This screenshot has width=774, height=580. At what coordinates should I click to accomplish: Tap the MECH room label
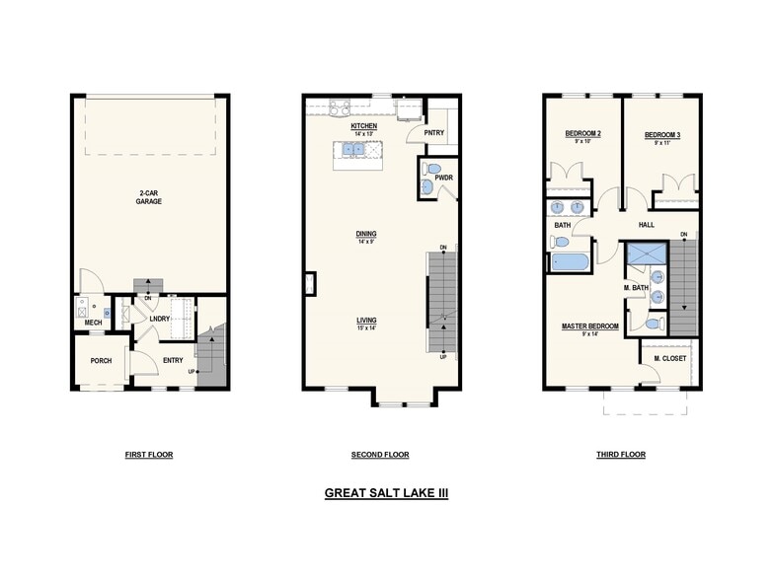(94, 323)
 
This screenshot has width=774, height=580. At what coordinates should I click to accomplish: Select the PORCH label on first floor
(101, 361)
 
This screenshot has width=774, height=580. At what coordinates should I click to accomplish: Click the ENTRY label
(174, 361)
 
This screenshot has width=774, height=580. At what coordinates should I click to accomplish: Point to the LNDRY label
(161, 319)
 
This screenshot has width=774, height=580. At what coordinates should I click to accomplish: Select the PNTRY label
(434, 133)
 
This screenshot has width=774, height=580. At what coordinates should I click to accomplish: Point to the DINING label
(366, 234)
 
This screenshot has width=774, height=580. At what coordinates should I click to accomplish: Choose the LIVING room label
(366, 321)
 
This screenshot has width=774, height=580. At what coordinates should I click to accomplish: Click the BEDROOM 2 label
(582, 134)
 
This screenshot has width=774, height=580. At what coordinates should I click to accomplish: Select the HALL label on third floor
(647, 225)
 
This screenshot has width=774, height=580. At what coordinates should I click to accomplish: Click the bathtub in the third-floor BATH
(570, 261)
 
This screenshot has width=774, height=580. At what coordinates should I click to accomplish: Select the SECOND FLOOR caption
(379, 455)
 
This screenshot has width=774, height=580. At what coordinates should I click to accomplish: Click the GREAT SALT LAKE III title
(386, 491)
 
